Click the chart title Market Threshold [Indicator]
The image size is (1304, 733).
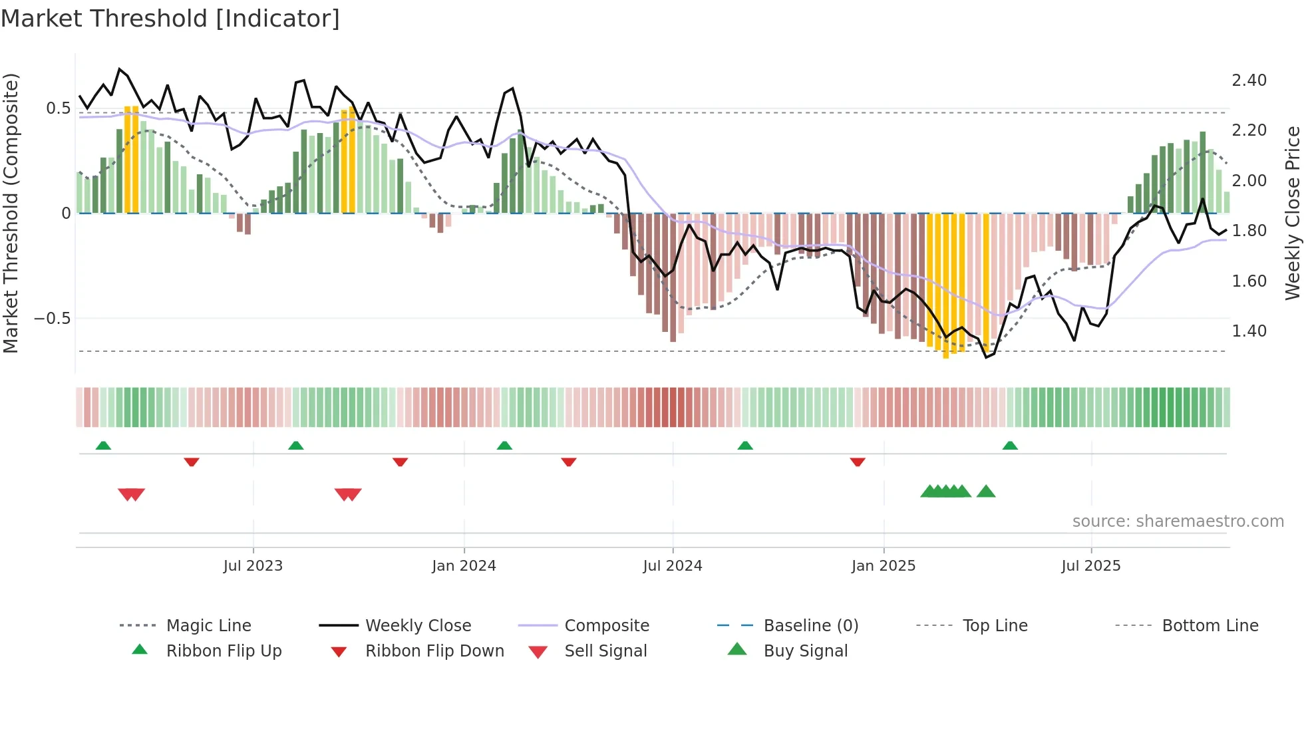[170, 19]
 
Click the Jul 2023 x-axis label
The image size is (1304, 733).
[253, 566]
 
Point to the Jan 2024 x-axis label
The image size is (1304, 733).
[464, 566]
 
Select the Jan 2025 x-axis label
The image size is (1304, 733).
[884, 566]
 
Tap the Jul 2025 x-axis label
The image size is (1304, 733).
[1091, 566]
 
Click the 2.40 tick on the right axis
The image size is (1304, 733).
[1249, 80]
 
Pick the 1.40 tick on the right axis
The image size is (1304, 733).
[1249, 331]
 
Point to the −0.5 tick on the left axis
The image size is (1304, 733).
[53, 319]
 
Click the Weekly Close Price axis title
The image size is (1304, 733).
[1292, 213]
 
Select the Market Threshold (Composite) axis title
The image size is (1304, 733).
[11, 213]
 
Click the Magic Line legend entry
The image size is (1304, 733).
[208, 626]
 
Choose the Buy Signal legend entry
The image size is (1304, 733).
[805, 651]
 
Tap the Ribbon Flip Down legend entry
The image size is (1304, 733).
[434, 651]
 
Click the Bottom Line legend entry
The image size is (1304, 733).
[1210, 626]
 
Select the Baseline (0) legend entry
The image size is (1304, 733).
[810, 626]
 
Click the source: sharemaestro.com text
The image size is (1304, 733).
[1178, 521]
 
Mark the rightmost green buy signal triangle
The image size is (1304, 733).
[986, 492]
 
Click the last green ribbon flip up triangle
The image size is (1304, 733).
[1010, 446]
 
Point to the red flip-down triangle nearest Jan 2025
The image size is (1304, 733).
[858, 462]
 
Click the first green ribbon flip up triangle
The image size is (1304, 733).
[103, 446]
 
